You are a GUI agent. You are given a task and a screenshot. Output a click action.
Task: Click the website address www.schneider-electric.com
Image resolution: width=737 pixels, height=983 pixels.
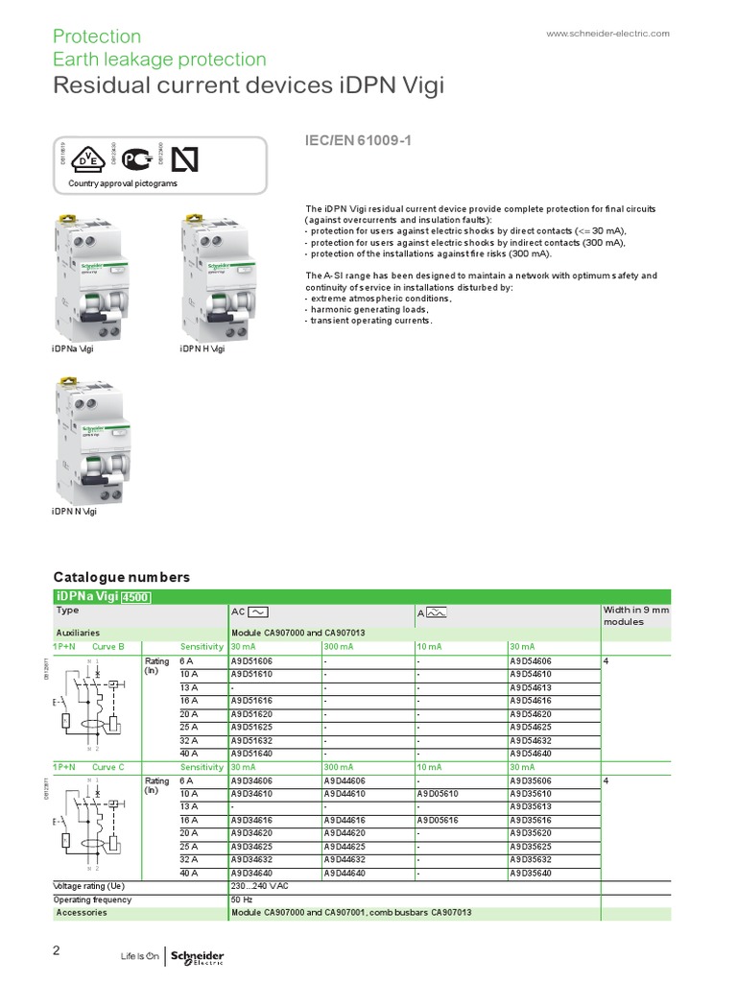[607, 34]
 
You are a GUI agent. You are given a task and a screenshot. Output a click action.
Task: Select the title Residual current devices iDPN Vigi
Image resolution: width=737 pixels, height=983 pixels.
[249, 87]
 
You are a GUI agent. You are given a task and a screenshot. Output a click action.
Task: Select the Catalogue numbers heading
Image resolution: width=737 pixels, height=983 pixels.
[121, 577]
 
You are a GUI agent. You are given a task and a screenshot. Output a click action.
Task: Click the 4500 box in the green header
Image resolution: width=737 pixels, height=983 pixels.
[134, 597]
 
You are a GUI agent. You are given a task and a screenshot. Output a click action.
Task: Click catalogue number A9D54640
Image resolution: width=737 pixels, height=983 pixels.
[531, 754]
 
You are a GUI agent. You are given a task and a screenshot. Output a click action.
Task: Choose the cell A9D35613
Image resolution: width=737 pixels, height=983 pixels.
[531, 807]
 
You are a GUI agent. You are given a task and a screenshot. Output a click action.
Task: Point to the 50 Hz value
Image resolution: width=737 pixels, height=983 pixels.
[241, 900]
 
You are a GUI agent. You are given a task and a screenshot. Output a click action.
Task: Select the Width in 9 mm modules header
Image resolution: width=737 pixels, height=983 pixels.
[636, 615]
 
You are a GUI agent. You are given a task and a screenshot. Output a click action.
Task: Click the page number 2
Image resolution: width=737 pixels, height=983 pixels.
[57, 950]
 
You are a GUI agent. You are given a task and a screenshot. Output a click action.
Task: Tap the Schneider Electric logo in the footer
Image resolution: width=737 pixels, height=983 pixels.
[197, 956]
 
